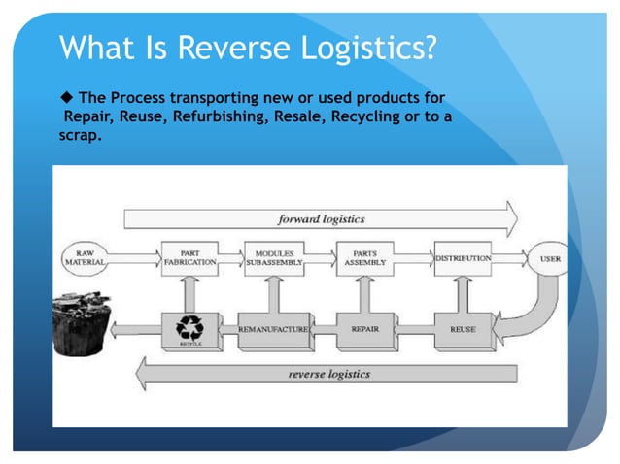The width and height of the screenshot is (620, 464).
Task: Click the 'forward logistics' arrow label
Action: tap(322, 218)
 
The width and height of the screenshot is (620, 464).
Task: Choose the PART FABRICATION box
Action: tap(189, 258)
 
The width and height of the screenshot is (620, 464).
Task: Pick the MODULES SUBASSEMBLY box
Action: tap(273, 258)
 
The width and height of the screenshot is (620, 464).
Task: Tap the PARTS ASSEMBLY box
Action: tap(364, 258)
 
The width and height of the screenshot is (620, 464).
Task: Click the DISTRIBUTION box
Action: tap(462, 259)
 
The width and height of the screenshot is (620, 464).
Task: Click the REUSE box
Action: tap(463, 330)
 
